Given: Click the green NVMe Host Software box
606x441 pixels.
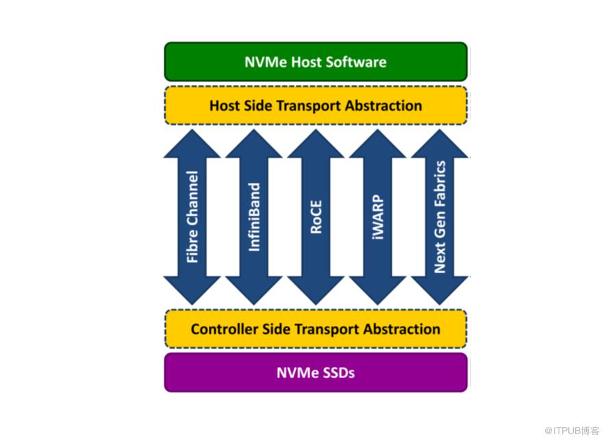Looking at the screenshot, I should pyautogui.click(x=315, y=62).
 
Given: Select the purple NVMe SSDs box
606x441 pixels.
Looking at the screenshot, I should pyautogui.click(x=315, y=373).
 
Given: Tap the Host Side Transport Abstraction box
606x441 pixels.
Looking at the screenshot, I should pyautogui.click(x=315, y=105).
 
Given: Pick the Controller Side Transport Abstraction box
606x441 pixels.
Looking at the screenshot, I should pyautogui.click(x=315, y=329).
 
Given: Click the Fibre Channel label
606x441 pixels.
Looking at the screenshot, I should pyautogui.click(x=192, y=217).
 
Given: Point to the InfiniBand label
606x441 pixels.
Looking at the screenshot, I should pyautogui.click(x=254, y=217).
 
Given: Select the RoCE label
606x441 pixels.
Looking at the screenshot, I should pyautogui.click(x=316, y=217).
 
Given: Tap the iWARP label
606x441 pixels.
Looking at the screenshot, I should pyautogui.click(x=377, y=217).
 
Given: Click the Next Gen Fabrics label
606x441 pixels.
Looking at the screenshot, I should pyautogui.click(x=440, y=217).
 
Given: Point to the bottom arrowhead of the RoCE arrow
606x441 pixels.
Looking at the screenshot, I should pyautogui.click(x=316, y=291).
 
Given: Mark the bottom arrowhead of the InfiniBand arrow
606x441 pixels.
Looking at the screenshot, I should pyautogui.click(x=254, y=291).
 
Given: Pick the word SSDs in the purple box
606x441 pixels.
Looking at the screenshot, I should pyautogui.click(x=336, y=373).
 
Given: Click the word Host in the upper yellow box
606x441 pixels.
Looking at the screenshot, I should pyautogui.click(x=225, y=105).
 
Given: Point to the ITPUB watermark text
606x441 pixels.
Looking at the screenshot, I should pyautogui.click(x=572, y=429).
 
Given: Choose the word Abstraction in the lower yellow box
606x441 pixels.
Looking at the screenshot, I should pyautogui.click(x=401, y=329).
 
